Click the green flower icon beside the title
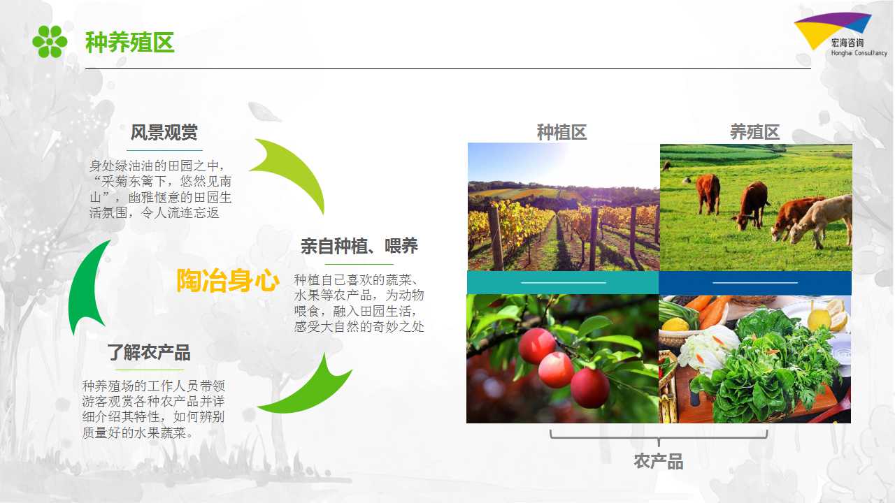[x=50, y=41]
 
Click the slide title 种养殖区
[x=130, y=43]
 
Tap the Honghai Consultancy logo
[x=840, y=35]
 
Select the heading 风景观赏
[x=164, y=133]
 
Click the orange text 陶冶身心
[x=228, y=280]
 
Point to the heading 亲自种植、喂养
[x=359, y=246]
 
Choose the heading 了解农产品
[x=149, y=353]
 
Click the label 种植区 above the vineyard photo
[x=561, y=133]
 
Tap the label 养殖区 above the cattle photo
[x=754, y=132]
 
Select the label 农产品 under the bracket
[x=659, y=461]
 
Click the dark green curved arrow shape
[x=86, y=287]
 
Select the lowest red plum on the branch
[x=589, y=388]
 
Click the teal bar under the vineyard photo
[x=563, y=283]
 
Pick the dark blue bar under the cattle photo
[x=755, y=283]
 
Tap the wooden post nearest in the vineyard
[x=496, y=238]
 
